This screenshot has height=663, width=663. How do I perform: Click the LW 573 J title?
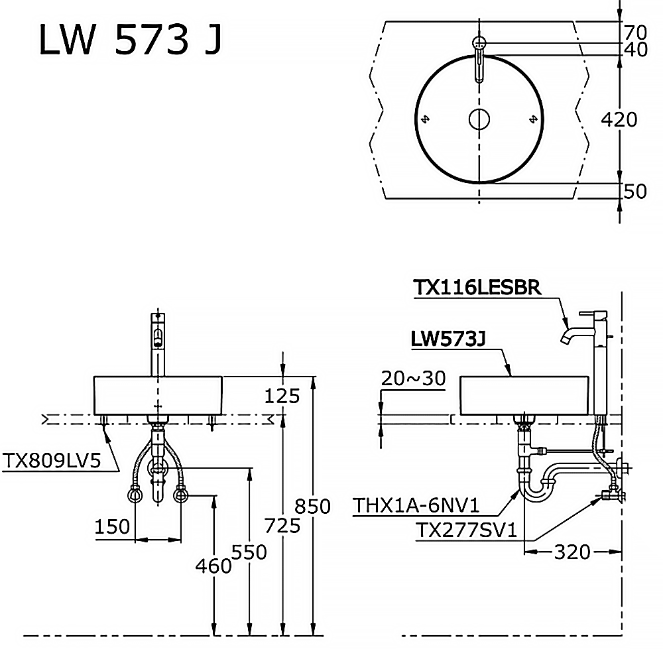[130, 39]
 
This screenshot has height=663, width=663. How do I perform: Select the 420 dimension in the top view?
[619, 119]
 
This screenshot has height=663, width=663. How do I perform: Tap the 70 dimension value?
[636, 32]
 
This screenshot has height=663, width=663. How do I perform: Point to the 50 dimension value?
[635, 191]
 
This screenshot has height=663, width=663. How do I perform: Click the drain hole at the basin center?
[479, 119]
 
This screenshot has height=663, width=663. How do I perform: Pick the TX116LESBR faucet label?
[477, 288]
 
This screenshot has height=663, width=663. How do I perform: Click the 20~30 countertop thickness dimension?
[413, 378]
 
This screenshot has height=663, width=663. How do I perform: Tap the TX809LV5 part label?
[52, 460]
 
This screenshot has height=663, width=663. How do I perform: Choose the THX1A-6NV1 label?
[416, 505]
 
